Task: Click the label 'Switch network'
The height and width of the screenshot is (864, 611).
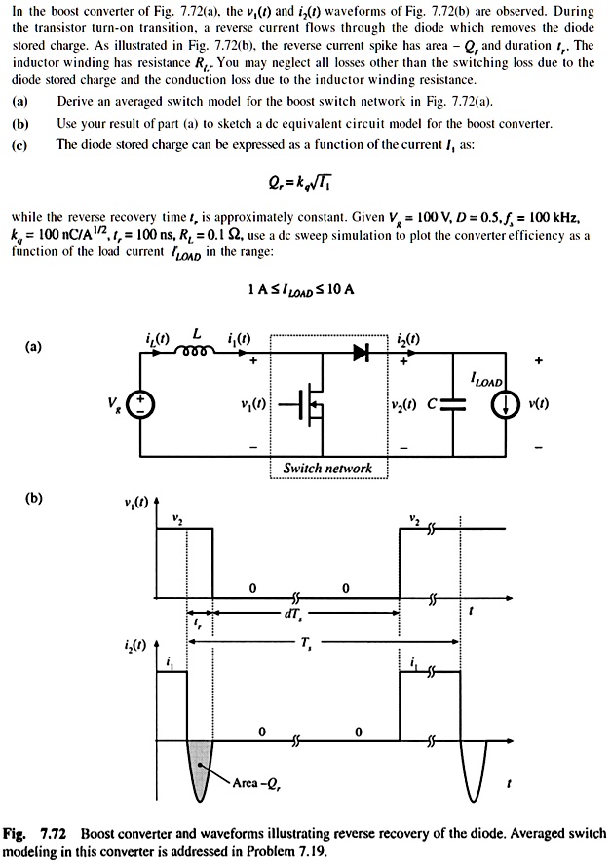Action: coord(327,468)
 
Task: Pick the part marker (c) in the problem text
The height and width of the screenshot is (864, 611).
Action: coord(19,144)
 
